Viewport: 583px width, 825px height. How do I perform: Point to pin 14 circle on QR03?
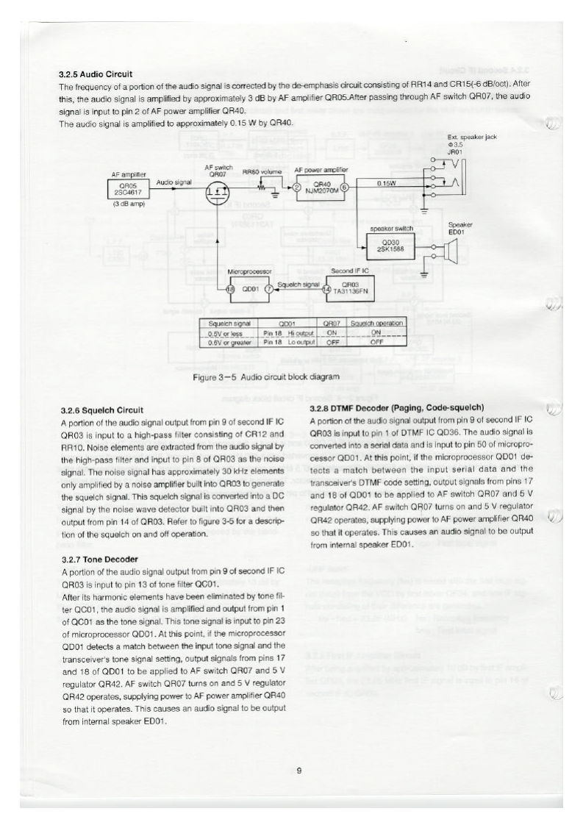coord(326,289)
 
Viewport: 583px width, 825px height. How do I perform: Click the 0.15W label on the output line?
coord(385,182)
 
